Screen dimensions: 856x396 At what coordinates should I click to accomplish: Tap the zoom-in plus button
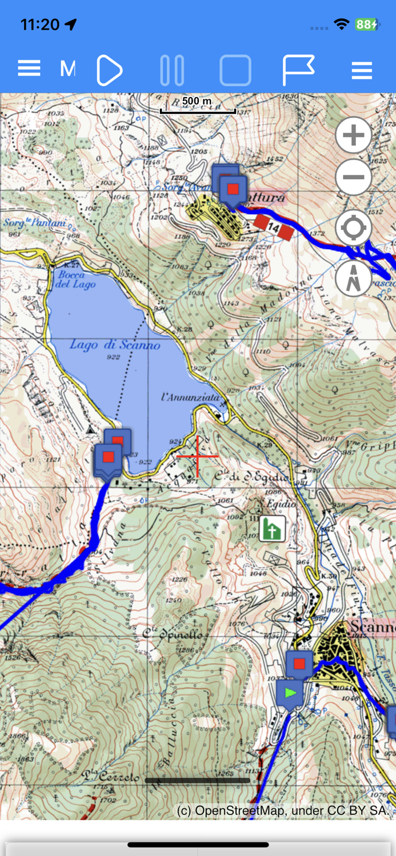coord(354,135)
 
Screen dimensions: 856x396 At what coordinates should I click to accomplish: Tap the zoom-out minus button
coord(354,177)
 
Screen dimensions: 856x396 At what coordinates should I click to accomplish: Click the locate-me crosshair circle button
coord(354,228)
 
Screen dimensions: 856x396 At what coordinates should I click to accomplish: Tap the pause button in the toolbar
coord(172,71)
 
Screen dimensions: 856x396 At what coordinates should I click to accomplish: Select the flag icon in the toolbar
coord(298,70)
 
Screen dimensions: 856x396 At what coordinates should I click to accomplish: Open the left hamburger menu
coord(29,69)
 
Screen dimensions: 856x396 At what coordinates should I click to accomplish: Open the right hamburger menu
coord(362,71)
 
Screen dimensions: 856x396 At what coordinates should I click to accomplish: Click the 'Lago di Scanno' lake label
coord(115,345)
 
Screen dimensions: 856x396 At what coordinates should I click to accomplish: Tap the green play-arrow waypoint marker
coord(290,693)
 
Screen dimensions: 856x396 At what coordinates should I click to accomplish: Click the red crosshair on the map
coord(198,456)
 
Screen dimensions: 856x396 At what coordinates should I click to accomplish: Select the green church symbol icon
coord(273,529)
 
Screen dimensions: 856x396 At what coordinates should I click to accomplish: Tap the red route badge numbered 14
coord(273,227)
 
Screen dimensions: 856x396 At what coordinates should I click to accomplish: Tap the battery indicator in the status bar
coord(366,24)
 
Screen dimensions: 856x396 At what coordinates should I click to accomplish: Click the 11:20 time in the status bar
coord(40,24)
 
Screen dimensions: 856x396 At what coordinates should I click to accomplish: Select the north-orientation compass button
coord(354,278)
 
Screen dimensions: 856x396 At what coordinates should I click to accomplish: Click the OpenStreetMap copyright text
coord(283,810)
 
